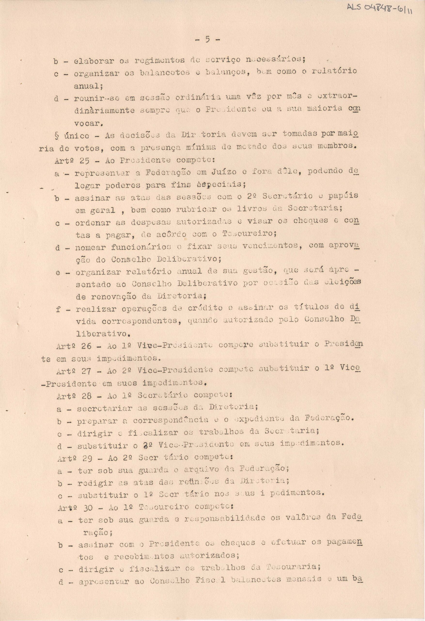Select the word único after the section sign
(x=77, y=136)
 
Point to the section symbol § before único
(x=56, y=136)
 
